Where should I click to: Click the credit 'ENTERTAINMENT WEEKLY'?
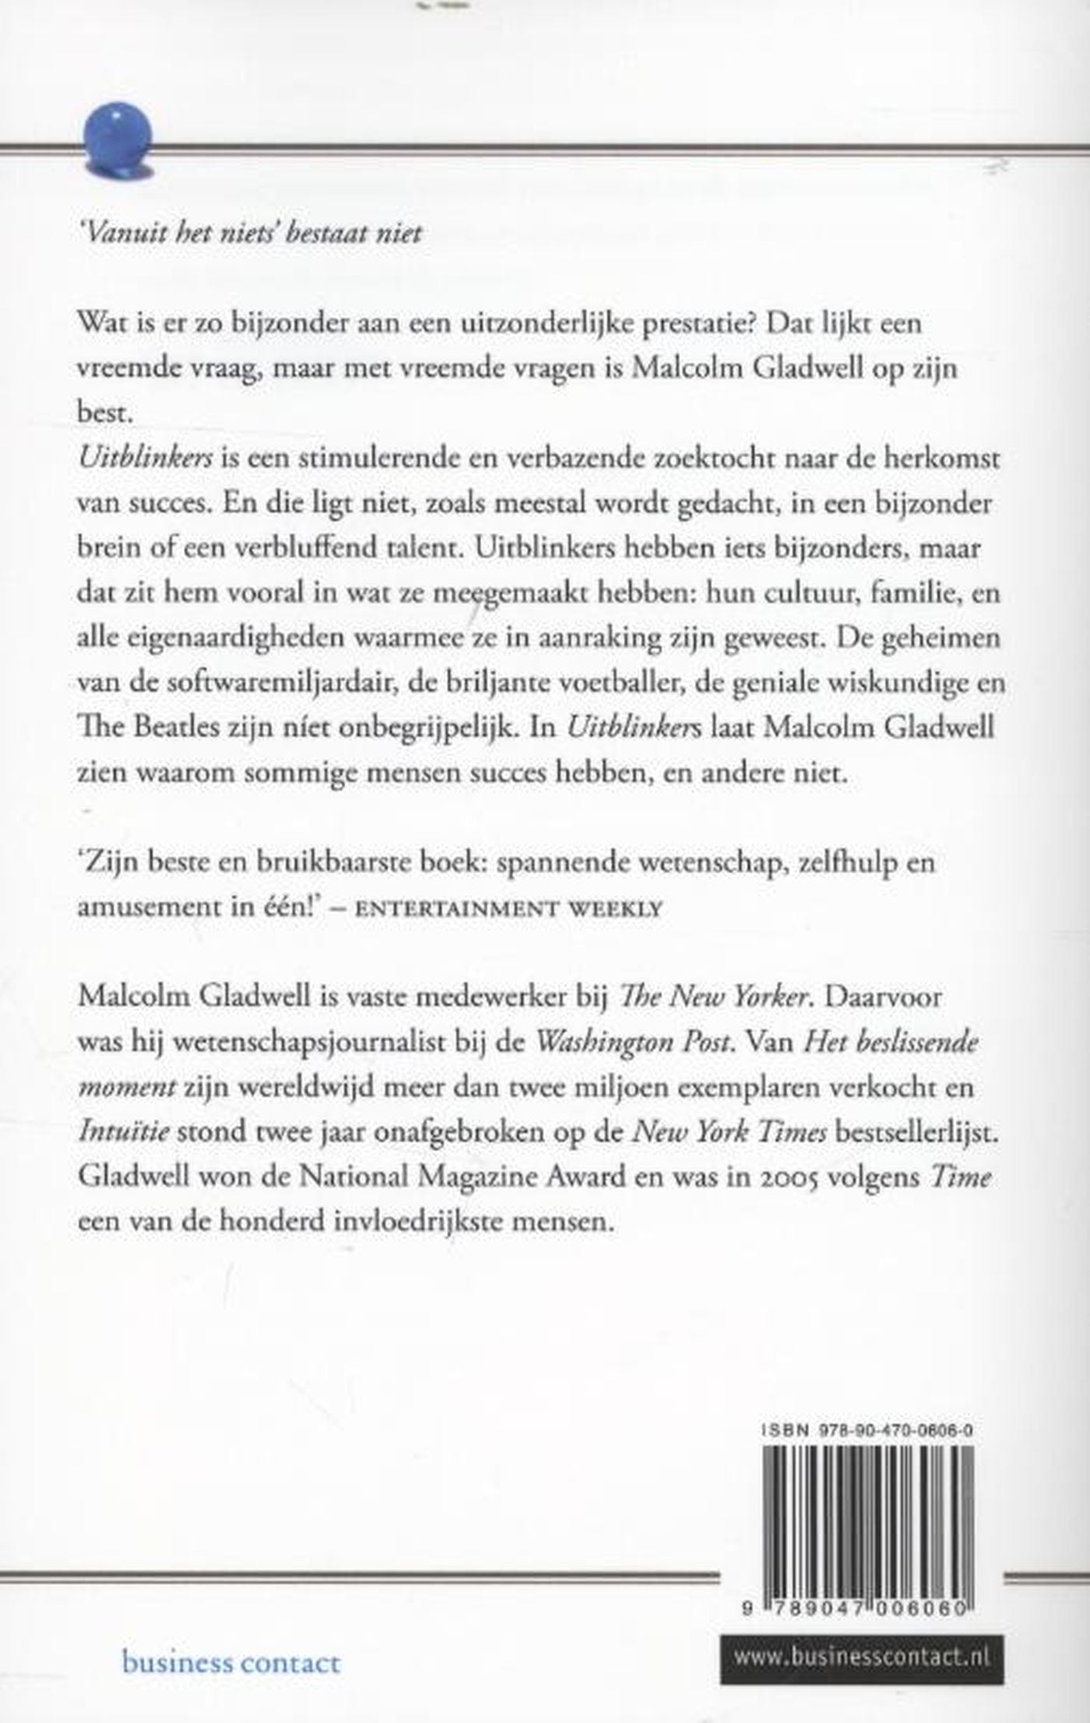pos(508,909)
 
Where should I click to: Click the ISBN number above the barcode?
pos(868,1431)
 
